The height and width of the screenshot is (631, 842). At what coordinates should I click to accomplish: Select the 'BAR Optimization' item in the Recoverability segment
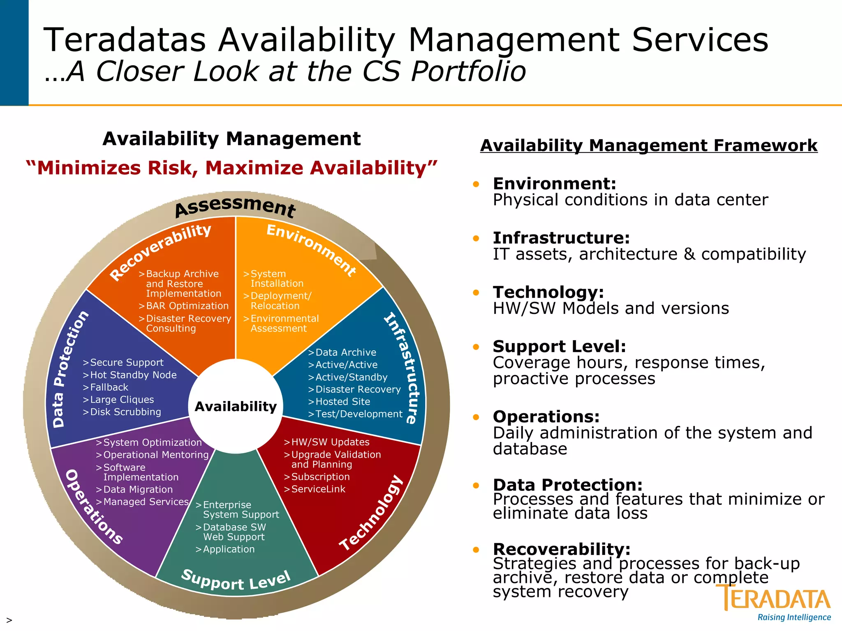click(x=187, y=306)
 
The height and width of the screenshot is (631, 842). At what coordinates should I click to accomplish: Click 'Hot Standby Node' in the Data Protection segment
click(x=133, y=375)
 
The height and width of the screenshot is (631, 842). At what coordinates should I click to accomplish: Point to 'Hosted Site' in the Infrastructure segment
click(x=342, y=402)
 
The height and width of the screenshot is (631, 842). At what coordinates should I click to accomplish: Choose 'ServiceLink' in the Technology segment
click(x=318, y=489)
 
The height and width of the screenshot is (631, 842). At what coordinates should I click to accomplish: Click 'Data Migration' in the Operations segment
click(x=138, y=490)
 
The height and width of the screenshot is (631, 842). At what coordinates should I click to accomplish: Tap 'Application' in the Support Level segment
click(x=229, y=549)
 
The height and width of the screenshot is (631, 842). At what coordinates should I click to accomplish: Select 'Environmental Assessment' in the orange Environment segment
click(x=284, y=323)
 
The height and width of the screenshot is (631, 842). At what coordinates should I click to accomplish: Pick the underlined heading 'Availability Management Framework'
click(x=649, y=145)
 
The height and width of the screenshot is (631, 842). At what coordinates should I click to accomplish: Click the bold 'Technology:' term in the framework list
click(x=548, y=292)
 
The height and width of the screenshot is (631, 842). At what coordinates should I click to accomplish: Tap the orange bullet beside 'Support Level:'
click(x=476, y=347)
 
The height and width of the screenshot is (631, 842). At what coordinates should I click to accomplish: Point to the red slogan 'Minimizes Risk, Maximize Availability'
click(x=231, y=168)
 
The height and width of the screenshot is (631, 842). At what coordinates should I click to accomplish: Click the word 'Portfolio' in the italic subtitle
click(x=469, y=71)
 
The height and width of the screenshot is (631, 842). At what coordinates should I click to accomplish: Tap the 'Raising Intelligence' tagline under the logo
click(x=794, y=617)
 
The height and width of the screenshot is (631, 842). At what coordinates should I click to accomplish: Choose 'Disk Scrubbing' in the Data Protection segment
click(x=125, y=412)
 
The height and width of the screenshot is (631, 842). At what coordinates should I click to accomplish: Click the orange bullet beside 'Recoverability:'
click(x=476, y=550)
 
